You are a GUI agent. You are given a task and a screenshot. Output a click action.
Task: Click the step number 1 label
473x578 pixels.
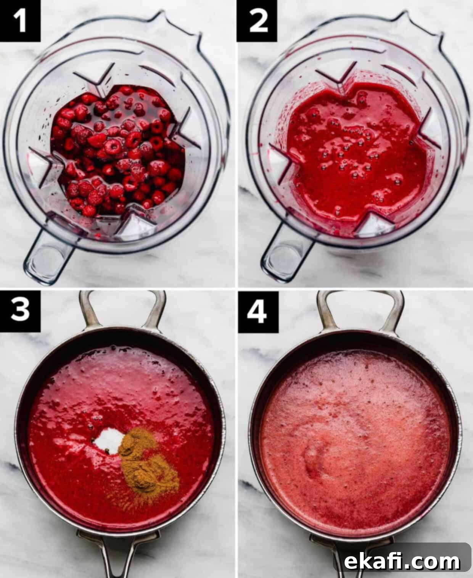[20, 21]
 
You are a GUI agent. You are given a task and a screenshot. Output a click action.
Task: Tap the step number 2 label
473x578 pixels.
[257, 21]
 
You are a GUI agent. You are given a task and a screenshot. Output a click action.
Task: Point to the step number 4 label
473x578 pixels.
[258, 311]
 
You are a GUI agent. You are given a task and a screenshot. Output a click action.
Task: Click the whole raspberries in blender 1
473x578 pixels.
[118, 151]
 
